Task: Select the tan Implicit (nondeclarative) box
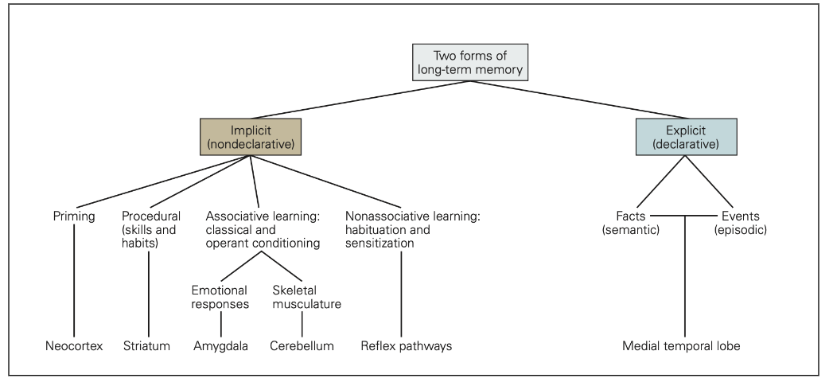[251, 137]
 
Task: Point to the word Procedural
[151, 216]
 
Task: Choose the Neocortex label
[74, 346]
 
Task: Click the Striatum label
[147, 346]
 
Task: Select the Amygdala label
[220, 346]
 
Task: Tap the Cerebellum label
[302, 346]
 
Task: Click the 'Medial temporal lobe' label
[683, 346]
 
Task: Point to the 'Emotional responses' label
[220, 296]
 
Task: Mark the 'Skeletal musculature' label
[306, 296]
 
